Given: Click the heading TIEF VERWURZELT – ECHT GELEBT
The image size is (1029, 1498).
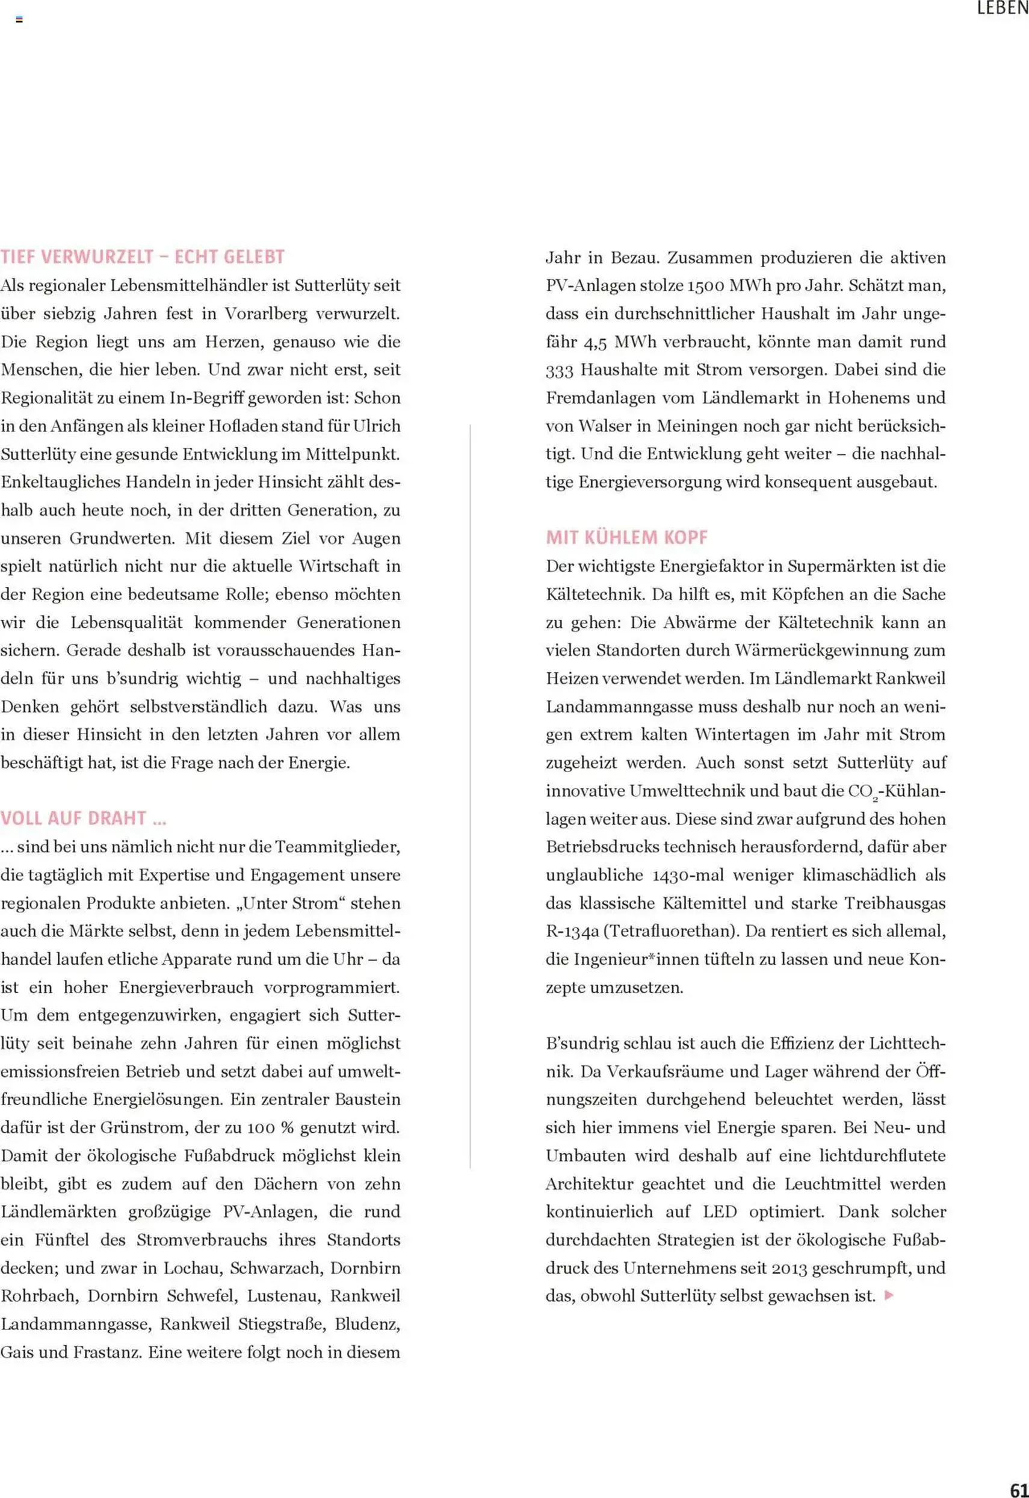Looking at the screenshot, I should [x=143, y=256].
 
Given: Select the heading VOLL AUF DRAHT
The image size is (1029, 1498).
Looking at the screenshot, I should [x=83, y=819].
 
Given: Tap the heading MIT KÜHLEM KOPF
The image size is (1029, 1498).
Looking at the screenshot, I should [x=626, y=537].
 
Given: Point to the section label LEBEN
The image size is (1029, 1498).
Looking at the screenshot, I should [x=1002, y=8].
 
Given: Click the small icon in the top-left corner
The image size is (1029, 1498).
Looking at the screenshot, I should [x=19, y=19].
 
